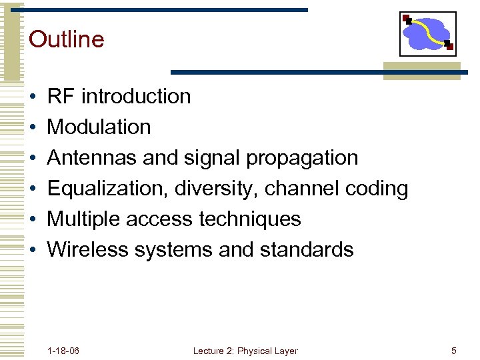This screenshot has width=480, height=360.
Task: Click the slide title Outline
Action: click(x=67, y=39)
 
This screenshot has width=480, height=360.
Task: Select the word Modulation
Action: click(x=99, y=127)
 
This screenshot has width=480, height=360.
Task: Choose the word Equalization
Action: click(x=107, y=189)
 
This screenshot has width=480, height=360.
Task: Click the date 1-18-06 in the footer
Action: click(x=64, y=351)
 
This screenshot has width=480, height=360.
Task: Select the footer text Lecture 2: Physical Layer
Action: click(x=245, y=351)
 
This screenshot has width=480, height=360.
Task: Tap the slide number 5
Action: click(x=453, y=351)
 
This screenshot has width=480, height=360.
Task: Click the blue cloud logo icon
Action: click(x=428, y=34)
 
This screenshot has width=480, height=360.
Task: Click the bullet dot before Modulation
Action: click(x=32, y=127)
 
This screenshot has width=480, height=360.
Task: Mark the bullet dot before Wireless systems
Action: click(x=32, y=250)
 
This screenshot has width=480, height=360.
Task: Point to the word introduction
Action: click(x=136, y=97)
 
